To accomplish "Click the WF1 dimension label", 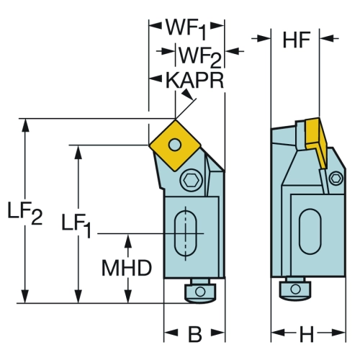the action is coord(186,30).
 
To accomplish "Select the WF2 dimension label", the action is coord(200,57).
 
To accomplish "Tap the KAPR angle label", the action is coord(194,81).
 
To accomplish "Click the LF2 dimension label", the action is coord(25,213).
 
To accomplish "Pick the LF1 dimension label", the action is coord(76,225).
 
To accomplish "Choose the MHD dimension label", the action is coord(127,268).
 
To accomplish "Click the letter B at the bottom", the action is coord(194,334).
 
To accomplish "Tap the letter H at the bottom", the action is coord(307,334).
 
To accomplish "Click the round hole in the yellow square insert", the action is coord(175,145).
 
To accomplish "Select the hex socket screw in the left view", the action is coord(191,180).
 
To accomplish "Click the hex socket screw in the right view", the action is coord(336,179).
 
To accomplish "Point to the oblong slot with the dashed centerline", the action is coord(185,233).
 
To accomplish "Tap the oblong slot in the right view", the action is coord(310,231).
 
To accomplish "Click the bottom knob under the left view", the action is coord(200,291).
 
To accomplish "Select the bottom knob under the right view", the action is coord(295,289).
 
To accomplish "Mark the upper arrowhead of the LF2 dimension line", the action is coord(25,125).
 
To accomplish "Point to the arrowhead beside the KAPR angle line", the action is coord(188,94).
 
